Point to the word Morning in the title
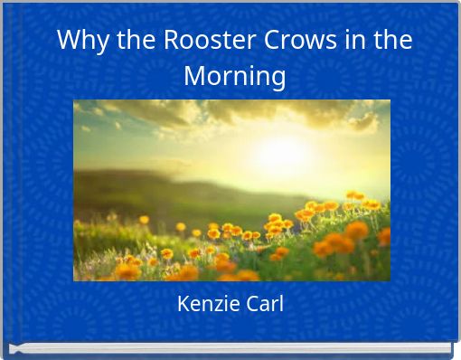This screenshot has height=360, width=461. click(x=235, y=75)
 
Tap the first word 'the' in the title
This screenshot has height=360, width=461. click(x=130, y=42)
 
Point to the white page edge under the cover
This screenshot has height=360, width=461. click(x=230, y=349)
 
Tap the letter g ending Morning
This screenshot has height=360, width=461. click(x=278, y=78)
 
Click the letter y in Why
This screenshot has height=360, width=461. click(x=101, y=44)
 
